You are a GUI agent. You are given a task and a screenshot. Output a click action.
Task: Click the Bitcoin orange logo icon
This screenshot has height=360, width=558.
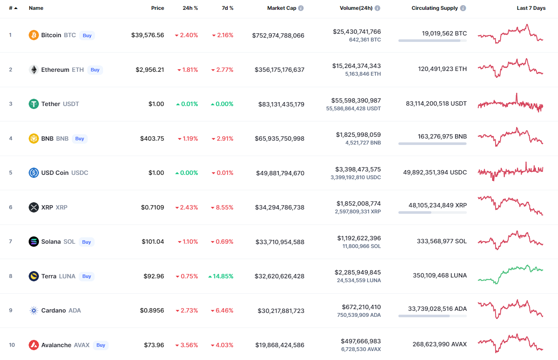pos(34,35)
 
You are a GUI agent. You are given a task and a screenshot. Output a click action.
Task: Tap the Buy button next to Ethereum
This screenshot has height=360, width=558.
pos(95,70)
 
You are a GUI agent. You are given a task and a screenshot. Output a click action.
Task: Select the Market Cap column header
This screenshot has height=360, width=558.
pos(281,8)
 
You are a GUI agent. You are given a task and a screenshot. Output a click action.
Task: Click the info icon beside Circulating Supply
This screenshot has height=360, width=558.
pos(463,8)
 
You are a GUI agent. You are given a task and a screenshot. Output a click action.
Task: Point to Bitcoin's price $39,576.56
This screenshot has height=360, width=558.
pos(148,35)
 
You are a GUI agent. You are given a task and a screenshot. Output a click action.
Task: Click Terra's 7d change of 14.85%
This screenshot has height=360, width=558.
pos(221,276)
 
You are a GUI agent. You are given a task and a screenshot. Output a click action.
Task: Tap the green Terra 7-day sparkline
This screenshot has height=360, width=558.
pos(511,274)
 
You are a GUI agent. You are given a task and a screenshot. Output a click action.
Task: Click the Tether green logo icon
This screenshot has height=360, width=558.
pos(34,104)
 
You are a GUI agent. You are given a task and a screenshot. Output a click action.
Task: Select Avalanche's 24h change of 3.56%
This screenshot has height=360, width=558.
pos(187,345)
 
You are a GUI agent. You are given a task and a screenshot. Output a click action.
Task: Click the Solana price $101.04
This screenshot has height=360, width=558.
pos(153,242)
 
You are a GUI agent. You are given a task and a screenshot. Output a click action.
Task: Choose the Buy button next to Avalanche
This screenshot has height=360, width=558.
pos(101,345)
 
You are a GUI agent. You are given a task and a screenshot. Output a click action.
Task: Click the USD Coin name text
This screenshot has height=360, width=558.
pos(55,173)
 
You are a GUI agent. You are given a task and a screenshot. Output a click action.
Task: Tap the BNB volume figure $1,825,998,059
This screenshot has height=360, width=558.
pos(358,135)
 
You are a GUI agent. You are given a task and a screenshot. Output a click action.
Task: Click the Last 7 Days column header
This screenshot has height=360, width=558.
pos(531,8)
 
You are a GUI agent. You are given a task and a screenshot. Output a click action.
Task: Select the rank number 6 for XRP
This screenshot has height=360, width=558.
pos(11,207)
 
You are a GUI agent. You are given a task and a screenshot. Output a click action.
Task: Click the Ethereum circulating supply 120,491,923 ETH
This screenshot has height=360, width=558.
pos(442,69)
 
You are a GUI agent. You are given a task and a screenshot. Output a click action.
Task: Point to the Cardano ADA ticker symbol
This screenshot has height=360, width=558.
pos(75,310)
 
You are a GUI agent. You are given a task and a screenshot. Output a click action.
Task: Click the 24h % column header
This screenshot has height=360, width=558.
pos(190,8)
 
